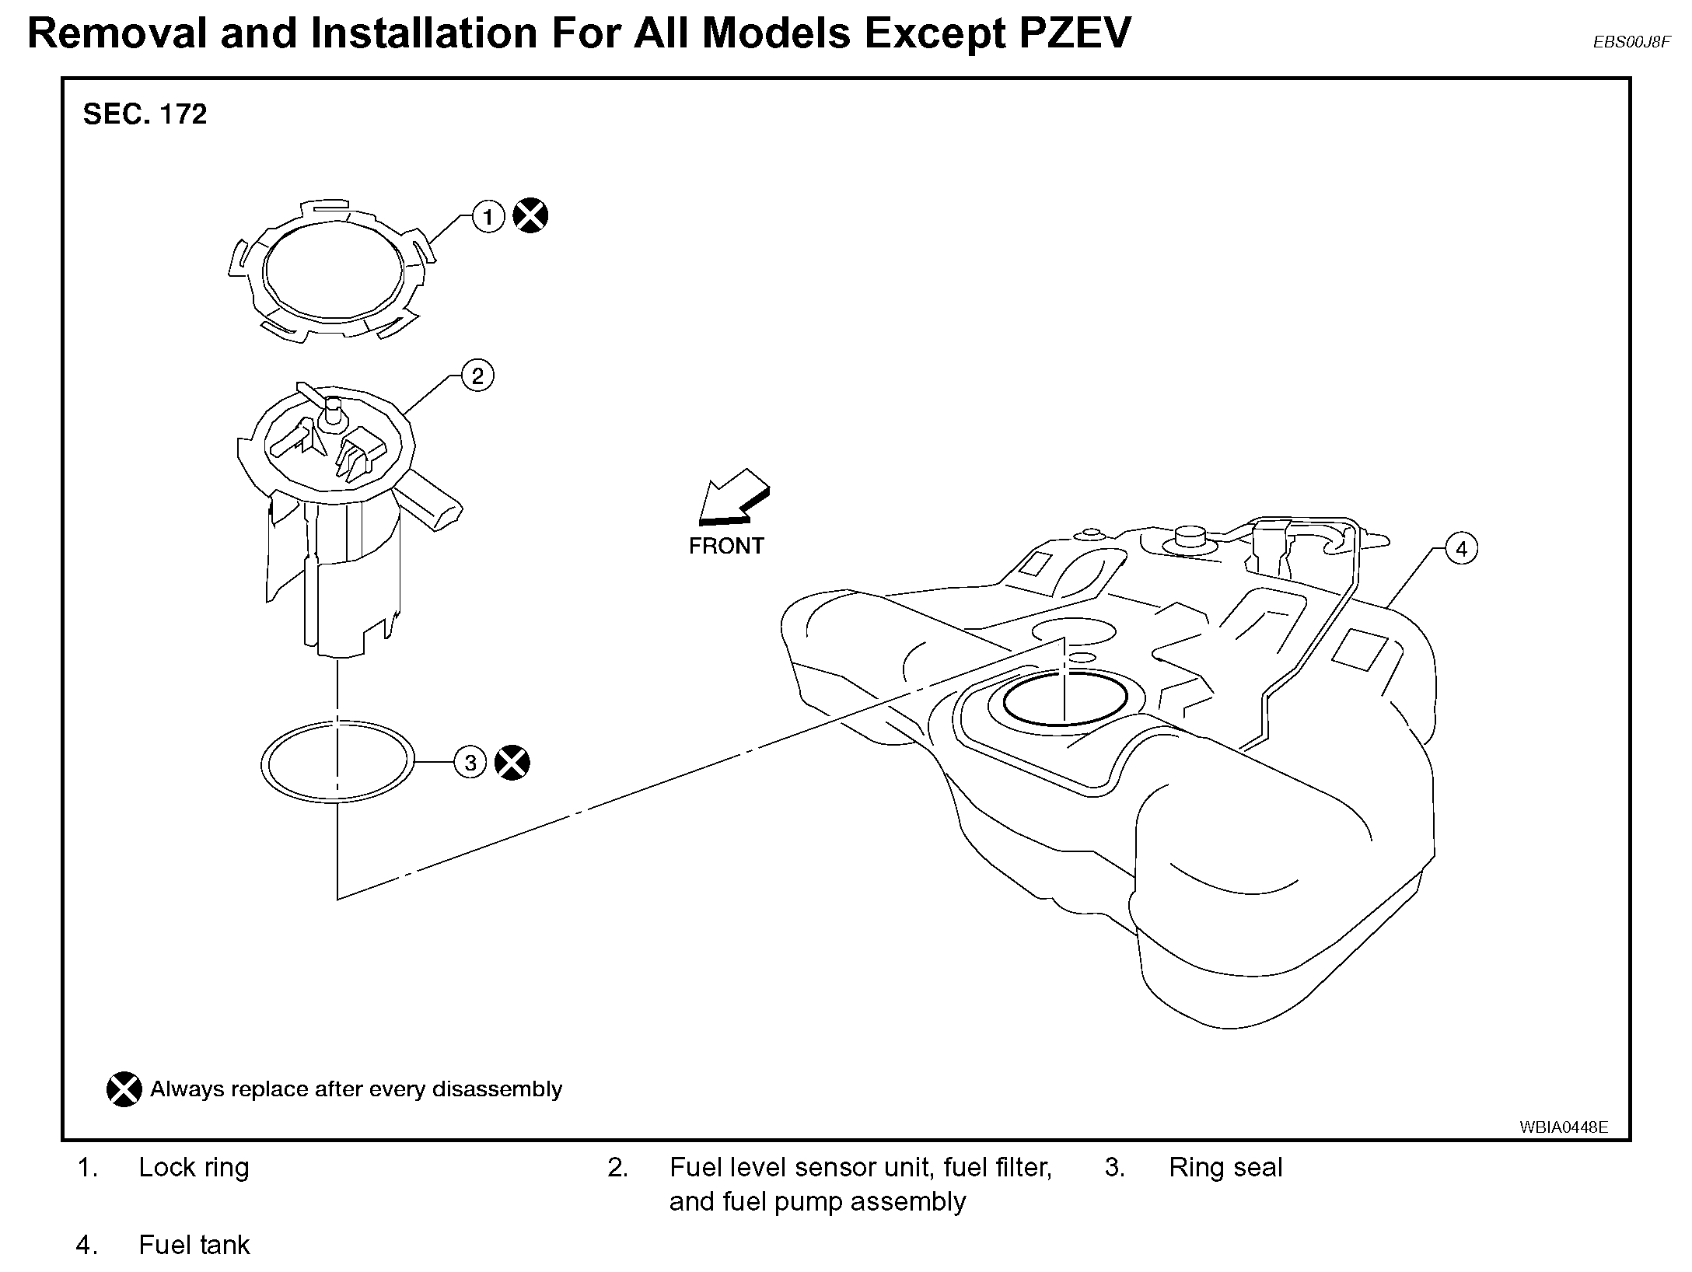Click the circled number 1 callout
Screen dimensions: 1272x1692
tap(488, 217)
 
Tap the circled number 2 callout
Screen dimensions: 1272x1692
tap(477, 376)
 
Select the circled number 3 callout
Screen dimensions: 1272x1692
tap(470, 763)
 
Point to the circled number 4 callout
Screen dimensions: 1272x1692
tap(1461, 549)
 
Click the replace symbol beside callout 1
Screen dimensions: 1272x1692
tap(531, 215)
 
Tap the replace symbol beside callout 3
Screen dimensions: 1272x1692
tap(512, 762)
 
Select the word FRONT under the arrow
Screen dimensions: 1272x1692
tap(726, 546)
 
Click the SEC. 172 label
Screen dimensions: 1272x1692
tap(145, 115)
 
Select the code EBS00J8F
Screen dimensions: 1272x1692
tap(1631, 43)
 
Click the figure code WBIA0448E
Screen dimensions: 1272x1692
tap(1564, 1127)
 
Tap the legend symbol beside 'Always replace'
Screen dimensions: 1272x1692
tap(124, 1089)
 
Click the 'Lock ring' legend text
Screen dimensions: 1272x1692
tap(194, 1168)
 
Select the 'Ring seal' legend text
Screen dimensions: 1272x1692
tap(1225, 1168)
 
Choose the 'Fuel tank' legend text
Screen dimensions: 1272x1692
tap(194, 1246)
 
